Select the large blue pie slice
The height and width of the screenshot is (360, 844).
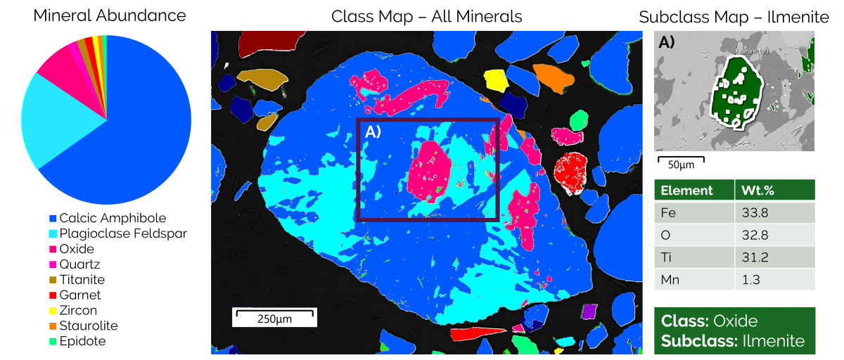(141, 127)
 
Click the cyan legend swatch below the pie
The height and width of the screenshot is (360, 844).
(53, 233)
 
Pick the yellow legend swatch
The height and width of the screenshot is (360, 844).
(53, 311)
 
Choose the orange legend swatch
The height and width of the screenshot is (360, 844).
(53, 326)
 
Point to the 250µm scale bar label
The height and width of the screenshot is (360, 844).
(274, 319)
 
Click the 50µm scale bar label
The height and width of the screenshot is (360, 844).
(682, 165)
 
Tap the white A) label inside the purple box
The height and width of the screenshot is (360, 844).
(373, 131)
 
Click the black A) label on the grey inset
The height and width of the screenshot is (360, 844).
(666, 43)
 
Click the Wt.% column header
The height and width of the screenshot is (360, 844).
(760, 191)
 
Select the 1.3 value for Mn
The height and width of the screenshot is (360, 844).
(750, 280)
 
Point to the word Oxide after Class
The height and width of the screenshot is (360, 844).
(736, 321)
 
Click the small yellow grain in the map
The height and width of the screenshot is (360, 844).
(495, 79)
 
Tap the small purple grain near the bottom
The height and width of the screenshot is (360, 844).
(589, 310)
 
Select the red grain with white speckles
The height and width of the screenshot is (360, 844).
(570, 172)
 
